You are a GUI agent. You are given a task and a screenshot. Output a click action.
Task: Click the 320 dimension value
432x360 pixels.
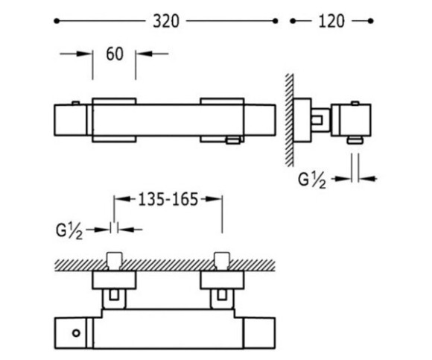(166, 21)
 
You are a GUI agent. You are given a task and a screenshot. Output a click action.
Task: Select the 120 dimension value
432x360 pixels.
(331, 21)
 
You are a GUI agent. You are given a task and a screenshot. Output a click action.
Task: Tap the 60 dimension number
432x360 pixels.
(115, 54)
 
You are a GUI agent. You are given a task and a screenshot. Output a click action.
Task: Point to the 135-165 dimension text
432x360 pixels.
(168, 199)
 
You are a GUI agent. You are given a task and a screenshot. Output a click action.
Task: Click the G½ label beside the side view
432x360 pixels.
(312, 180)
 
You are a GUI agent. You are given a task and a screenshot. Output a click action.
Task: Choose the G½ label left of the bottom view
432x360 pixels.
(69, 231)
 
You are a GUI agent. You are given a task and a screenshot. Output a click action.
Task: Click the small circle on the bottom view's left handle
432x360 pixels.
(76, 333)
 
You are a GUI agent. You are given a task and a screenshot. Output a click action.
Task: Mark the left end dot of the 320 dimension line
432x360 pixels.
(57, 21)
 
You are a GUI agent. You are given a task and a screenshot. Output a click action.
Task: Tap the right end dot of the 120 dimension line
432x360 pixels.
(371, 21)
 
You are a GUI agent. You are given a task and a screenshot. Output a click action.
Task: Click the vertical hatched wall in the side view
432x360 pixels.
(289, 120)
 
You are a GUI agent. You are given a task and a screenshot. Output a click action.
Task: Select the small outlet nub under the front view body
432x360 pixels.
(233, 140)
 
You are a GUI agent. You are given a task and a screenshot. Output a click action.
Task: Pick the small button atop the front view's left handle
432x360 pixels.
(76, 103)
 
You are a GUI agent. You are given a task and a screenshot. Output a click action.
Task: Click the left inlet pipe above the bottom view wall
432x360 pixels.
(115, 261)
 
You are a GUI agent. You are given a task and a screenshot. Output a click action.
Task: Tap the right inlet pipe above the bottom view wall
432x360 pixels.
(222, 261)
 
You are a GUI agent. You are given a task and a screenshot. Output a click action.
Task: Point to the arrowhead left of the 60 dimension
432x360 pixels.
(84, 54)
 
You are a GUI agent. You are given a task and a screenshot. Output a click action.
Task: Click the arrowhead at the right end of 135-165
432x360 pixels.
(215, 199)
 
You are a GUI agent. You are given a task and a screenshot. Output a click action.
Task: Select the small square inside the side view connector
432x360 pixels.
(317, 121)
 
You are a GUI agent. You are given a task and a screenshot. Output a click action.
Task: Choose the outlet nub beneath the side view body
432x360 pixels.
(355, 140)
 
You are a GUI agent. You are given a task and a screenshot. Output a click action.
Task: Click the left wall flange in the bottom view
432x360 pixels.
(114, 280)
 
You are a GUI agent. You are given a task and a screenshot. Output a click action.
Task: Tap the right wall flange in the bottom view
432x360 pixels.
(222, 280)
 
